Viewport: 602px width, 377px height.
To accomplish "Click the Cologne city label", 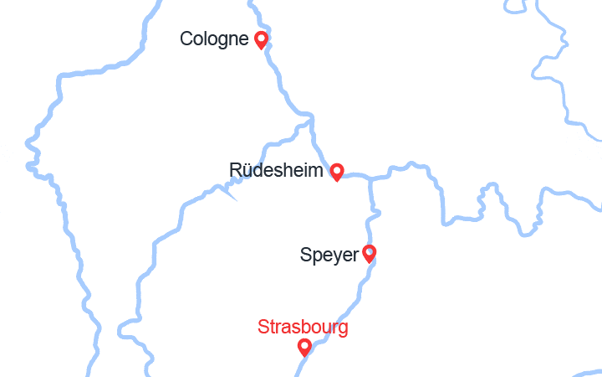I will pyautogui.click(x=214, y=39).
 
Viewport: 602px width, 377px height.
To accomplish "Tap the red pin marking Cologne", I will pyautogui.click(x=261, y=39).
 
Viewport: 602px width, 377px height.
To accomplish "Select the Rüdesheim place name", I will pyautogui.click(x=276, y=171).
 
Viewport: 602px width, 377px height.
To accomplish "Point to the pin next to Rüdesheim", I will pyautogui.click(x=337, y=172).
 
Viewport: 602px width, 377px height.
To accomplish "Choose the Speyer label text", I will pyautogui.click(x=329, y=255).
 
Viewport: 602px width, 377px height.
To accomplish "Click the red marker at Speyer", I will pyautogui.click(x=369, y=253).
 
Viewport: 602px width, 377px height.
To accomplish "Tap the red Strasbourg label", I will pyautogui.click(x=303, y=327).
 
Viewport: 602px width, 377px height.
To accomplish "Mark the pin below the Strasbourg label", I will pyautogui.click(x=304, y=347).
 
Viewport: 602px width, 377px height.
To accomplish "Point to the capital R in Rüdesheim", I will pyautogui.click(x=235, y=171).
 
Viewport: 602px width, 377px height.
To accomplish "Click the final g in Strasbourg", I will pyautogui.click(x=343, y=328).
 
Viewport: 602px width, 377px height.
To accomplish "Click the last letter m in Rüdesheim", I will pyautogui.click(x=316, y=171).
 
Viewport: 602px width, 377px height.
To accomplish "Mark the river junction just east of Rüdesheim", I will pyautogui.click(x=370, y=178).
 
